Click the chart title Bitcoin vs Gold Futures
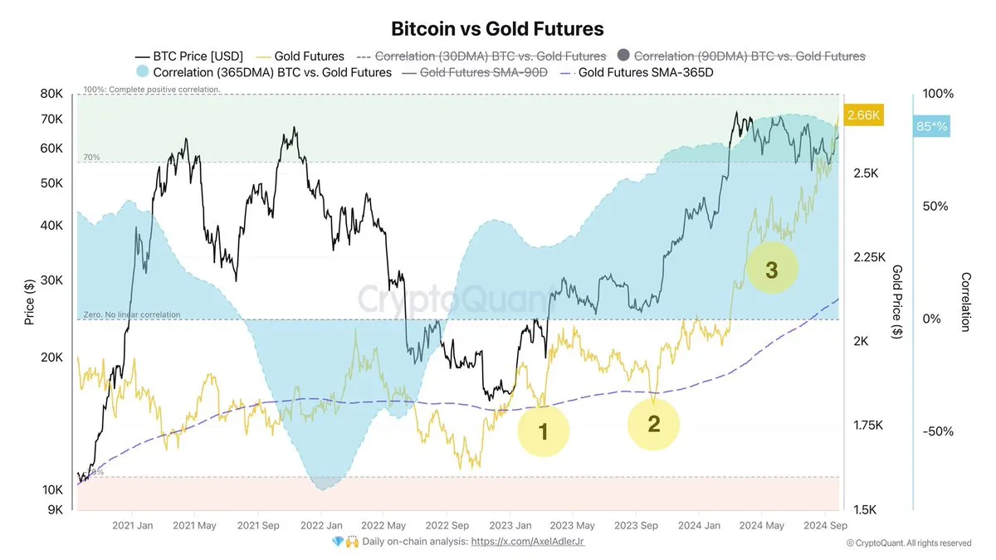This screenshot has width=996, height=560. (497, 29)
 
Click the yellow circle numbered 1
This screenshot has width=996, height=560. (544, 431)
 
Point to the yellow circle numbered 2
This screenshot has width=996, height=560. (653, 424)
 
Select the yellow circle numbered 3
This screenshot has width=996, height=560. (771, 270)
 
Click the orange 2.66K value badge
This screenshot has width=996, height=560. (862, 115)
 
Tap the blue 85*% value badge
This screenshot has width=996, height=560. (931, 127)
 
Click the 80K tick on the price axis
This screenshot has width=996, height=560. (51, 94)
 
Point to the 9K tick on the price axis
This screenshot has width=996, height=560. (55, 509)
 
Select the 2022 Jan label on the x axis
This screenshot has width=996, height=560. (322, 525)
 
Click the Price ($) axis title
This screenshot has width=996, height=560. (30, 302)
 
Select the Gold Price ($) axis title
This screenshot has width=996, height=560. (897, 302)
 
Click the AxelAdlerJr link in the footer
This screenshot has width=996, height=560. (528, 542)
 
